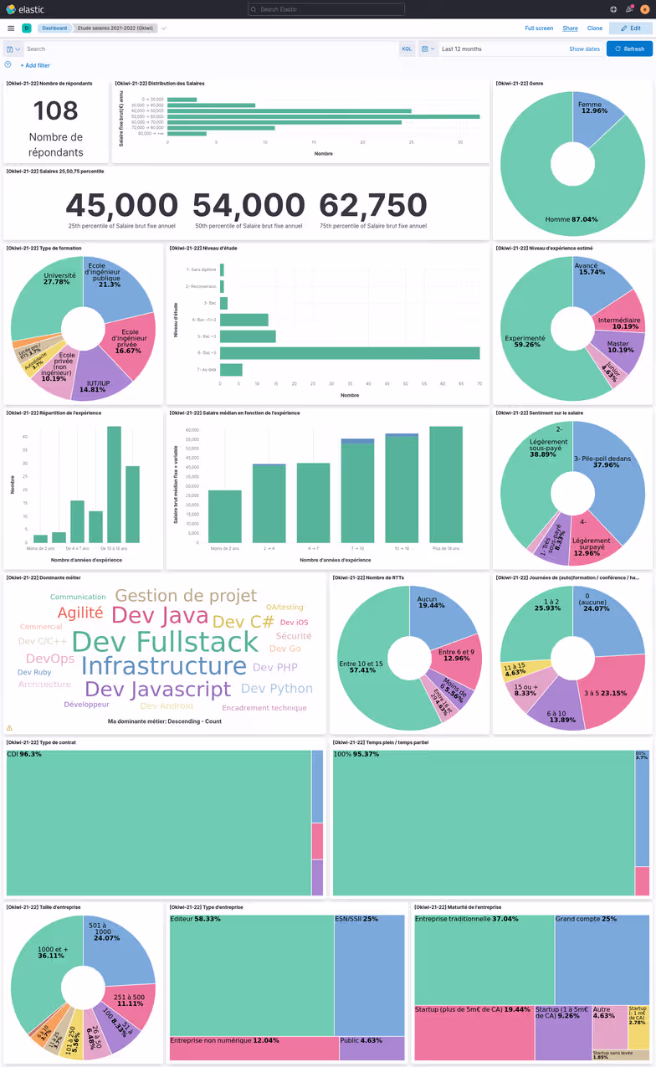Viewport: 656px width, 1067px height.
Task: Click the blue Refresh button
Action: pos(629,49)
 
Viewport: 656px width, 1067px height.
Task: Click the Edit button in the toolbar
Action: pos(631,28)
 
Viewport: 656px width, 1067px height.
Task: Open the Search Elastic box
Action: pos(326,9)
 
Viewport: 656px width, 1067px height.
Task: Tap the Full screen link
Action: pos(539,28)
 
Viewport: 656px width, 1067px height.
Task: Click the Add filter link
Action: pos(34,65)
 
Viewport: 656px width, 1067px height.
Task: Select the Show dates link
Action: pos(584,49)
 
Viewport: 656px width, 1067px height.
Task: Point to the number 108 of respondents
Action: pos(56,111)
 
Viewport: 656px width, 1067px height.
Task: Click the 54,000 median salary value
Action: pos(249,205)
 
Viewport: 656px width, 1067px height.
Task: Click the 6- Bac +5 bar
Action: pos(350,353)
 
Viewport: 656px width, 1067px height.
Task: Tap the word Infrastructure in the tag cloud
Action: pos(163,666)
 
